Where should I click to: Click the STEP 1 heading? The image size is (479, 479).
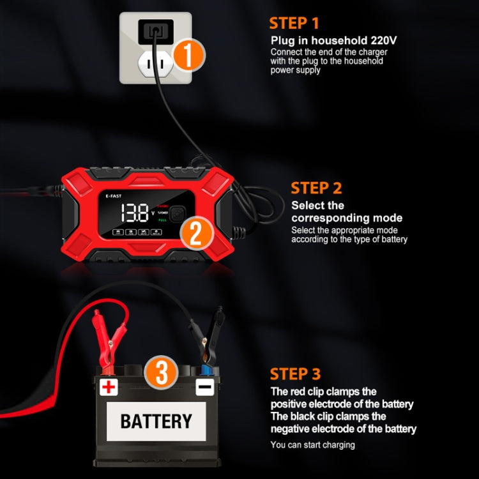pyautogui.click(x=294, y=24)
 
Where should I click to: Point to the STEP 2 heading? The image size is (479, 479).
pyautogui.click(x=316, y=188)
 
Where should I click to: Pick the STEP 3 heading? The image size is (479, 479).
pyautogui.click(x=295, y=374)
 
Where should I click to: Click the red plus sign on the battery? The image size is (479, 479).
pyautogui.click(x=109, y=386)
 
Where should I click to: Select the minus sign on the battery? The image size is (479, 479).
pyautogui.click(x=204, y=387)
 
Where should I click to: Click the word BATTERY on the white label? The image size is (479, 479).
pyautogui.click(x=156, y=422)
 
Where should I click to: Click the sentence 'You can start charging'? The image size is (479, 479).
pyautogui.click(x=312, y=445)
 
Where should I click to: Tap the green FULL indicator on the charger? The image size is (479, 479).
pyautogui.click(x=162, y=220)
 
